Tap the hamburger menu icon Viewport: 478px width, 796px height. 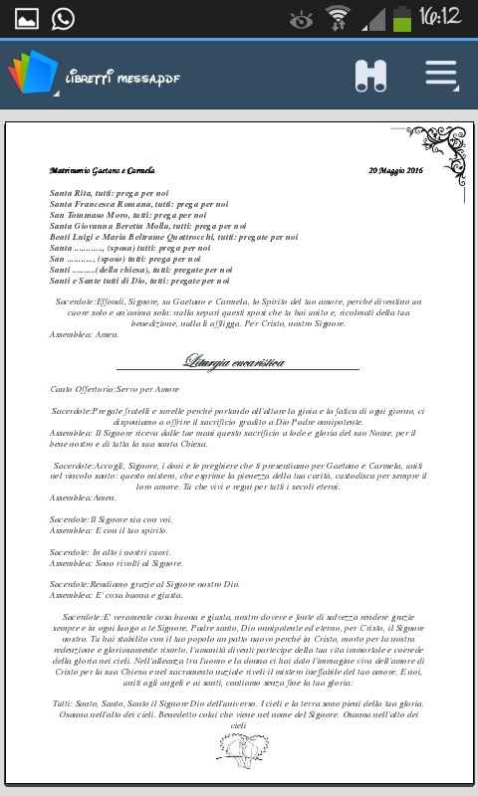[x=441, y=75]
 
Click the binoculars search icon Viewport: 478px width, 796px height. [x=370, y=76]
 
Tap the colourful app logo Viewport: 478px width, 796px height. [x=32, y=74]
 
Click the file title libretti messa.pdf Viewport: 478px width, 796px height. [x=121, y=78]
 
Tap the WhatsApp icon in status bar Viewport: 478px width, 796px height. [x=62, y=18]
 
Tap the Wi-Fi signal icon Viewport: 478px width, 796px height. [x=339, y=17]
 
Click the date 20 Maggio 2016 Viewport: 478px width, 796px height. [x=395, y=171]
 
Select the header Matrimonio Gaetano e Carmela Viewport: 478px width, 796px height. [x=102, y=171]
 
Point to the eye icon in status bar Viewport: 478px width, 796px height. [x=300, y=18]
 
